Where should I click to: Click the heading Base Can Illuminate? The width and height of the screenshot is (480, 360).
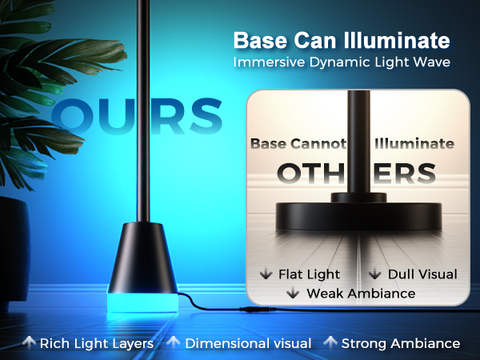coord(341,40)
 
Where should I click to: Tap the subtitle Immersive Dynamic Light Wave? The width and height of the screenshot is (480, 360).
coord(341,62)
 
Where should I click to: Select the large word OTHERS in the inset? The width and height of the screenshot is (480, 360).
coord(356,174)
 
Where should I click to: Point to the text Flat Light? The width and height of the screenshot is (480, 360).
coord(309,274)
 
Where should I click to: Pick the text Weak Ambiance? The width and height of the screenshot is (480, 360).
coord(361,294)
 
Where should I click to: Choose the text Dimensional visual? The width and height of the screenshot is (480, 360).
coord(248,343)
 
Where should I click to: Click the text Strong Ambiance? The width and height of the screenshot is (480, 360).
coord(401,343)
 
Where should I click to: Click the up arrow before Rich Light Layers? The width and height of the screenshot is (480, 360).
coord(29,343)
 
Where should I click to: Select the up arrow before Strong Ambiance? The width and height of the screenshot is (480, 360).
coord(330,343)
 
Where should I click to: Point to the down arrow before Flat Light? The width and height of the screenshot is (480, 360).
coord(266,274)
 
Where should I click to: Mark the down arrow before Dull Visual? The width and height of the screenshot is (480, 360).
coord(375,274)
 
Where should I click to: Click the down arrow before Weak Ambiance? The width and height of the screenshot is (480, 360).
coord(293,294)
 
